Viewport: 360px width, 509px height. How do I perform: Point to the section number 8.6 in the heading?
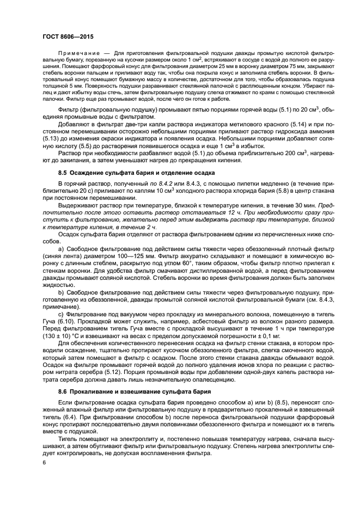63,391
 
